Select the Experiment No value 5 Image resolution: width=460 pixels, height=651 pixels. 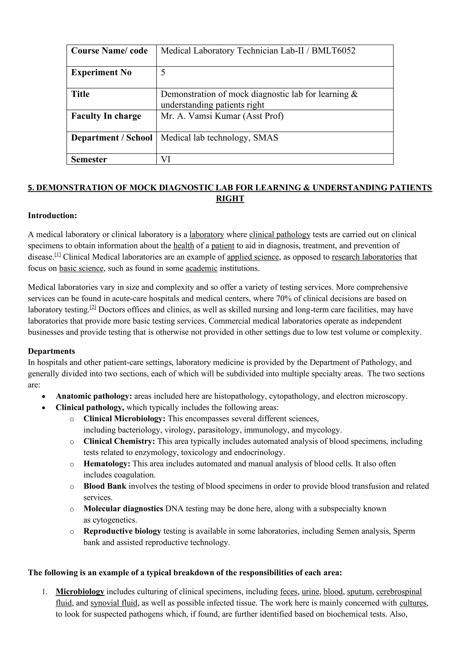click(163, 73)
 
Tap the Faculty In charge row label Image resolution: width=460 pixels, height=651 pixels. click(106, 116)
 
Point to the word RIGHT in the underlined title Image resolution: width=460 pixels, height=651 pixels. click(230, 199)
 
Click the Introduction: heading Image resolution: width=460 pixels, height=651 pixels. click(52, 216)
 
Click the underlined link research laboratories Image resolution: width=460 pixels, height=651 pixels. click(367, 257)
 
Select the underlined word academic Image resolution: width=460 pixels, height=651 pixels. click(201, 268)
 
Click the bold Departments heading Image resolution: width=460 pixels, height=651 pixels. click(51, 351)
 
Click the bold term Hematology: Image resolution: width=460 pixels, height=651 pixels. click(107, 464)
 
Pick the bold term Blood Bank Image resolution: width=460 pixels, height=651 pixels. click(105, 486)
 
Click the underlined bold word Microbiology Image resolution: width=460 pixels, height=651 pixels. click(80, 592)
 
